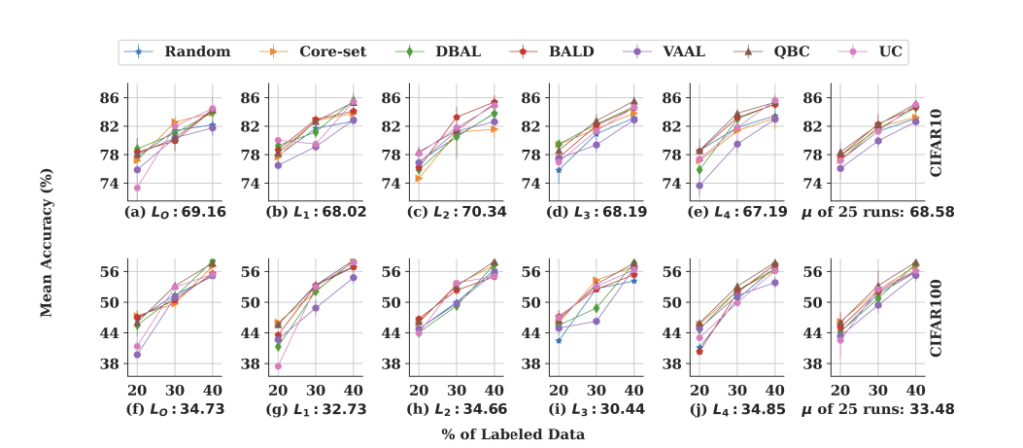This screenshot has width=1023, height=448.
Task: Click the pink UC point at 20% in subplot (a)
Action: pos(136,188)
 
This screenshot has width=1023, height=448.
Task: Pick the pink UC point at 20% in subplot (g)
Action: pos(277,366)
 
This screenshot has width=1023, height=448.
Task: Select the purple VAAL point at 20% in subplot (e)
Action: pos(700,186)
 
